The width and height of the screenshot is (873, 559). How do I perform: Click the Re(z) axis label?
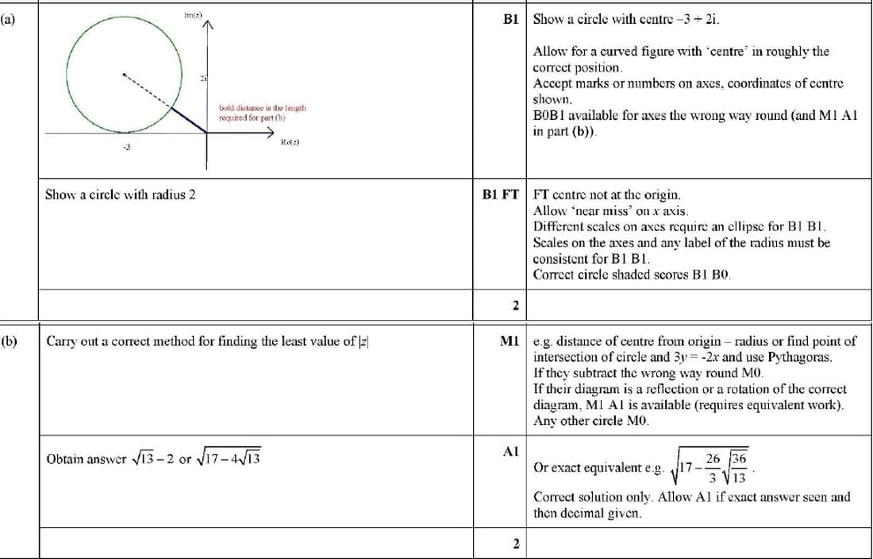click(x=289, y=142)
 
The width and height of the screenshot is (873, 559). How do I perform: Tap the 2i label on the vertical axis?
click(x=203, y=76)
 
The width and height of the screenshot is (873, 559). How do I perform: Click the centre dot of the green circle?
click(x=123, y=76)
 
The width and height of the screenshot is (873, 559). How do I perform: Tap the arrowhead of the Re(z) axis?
click(x=270, y=133)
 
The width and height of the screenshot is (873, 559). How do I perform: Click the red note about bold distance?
click(x=262, y=112)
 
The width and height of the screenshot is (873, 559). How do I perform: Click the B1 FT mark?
click(x=500, y=194)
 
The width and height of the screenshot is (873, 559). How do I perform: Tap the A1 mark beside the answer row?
click(x=511, y=451)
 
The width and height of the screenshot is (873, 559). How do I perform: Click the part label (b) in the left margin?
click(x=8, y=341)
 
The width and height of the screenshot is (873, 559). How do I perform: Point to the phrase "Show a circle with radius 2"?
click(x=120, y=194)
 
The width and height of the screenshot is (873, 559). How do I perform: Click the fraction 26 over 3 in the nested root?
click(x=713, y=467)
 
